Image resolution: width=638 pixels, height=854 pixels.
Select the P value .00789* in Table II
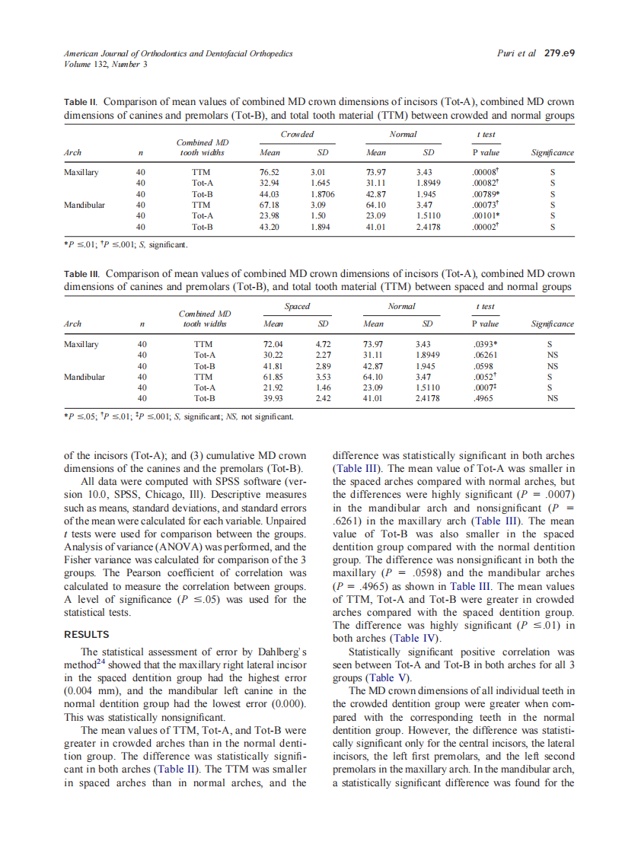tap(485, 194)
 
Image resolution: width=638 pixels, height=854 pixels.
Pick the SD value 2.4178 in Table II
tap(429, 226)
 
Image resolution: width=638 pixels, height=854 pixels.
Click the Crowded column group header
tap(297, 135)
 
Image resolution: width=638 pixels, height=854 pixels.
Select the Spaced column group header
tap(297, 307)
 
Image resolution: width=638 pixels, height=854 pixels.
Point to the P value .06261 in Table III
tap(485, 355)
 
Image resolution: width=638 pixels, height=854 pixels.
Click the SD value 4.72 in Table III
tap(323, 344)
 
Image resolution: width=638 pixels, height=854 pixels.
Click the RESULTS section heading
tap(86, 635)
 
